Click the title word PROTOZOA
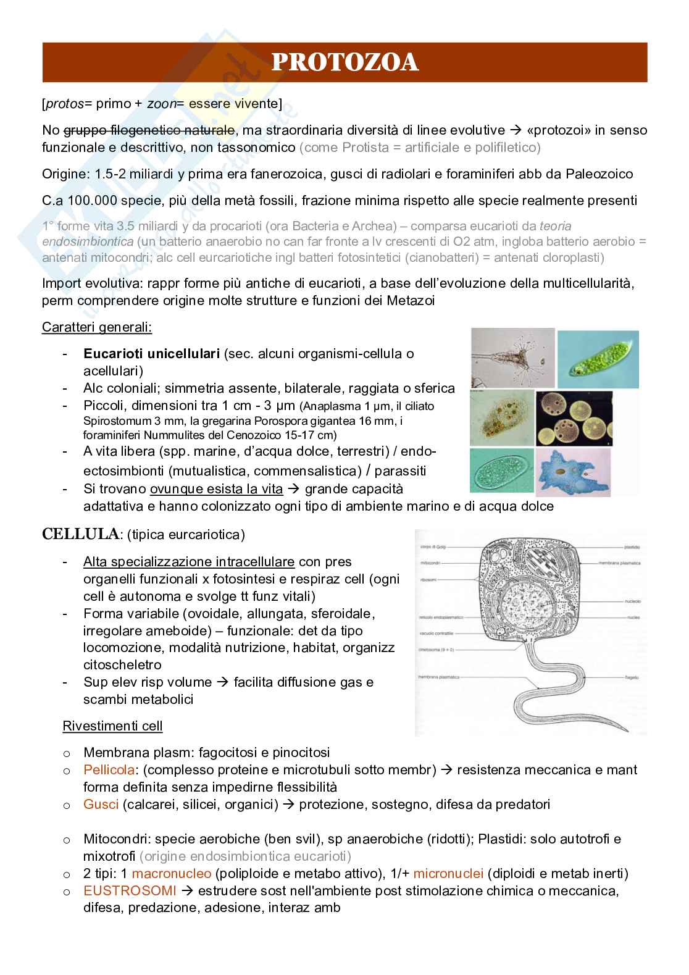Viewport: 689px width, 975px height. point(345,63)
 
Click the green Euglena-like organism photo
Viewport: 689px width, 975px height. point(597,358)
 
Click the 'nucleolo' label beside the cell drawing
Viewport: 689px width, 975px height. point(632,601)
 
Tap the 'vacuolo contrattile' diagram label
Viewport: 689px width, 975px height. point(436,634)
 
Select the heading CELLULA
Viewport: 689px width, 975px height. point(80,534)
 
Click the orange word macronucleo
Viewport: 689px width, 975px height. point(171,874)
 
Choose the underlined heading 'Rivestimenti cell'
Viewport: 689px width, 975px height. point(112,726)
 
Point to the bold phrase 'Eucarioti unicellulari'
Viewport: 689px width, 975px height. point(151,354)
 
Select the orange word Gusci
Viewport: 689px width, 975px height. point(101,805)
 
